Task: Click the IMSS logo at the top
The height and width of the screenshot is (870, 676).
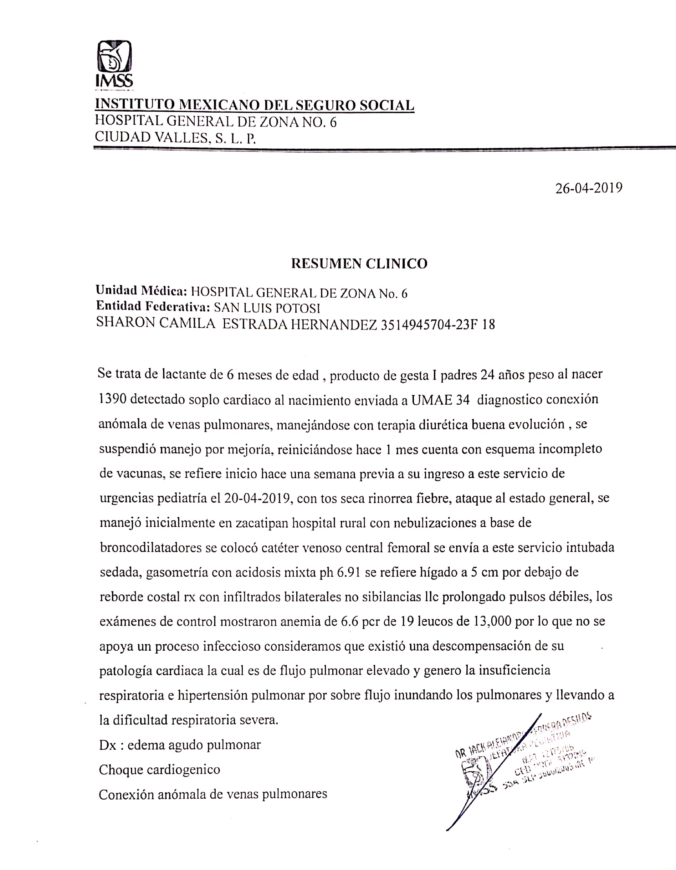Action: (114, 64)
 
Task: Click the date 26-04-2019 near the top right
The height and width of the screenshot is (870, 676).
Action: (589, 188)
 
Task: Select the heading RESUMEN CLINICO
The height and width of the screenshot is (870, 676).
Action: (359, 264)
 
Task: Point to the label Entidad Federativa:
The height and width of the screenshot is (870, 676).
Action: (153, 307)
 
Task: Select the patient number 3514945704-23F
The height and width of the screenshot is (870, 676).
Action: (430, 325)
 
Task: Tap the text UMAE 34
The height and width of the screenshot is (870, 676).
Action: (440, 400)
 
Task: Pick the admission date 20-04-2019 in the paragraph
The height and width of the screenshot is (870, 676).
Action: (257, 498)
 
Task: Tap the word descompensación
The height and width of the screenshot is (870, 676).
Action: (482, 646)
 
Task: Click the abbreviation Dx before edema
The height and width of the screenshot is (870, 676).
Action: (108, 745)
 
